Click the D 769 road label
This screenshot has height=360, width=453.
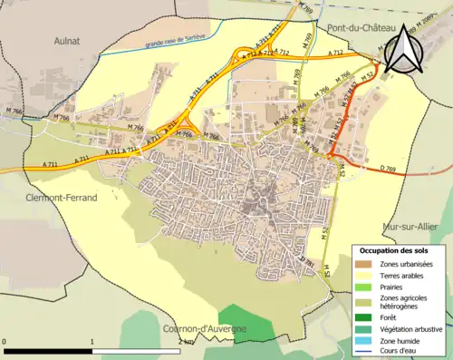click(389, 169)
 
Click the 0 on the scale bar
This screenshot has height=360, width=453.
click(5, 342)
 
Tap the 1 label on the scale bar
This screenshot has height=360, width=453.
click(93, 342)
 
